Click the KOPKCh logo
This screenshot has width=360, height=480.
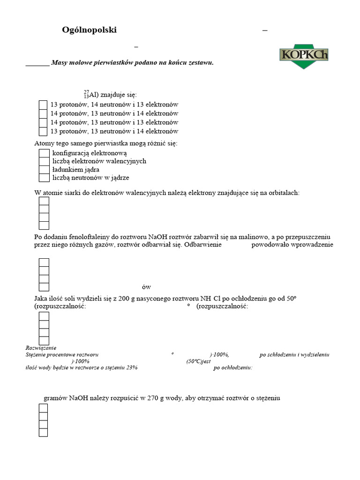point(303,55)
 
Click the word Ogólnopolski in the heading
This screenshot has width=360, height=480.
point(89,30)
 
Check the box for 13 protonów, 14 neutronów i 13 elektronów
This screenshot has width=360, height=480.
point(43,105)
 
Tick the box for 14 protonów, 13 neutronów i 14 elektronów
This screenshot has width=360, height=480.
point(43,113)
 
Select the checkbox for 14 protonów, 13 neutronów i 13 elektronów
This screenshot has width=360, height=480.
point(43,122)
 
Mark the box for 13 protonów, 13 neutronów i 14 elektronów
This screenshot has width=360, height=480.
point(43,131)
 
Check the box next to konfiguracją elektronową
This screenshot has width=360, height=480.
point(44,153)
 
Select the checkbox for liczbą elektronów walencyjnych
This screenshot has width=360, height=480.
point(44,161)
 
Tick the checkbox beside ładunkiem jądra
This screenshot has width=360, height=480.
point(44,170)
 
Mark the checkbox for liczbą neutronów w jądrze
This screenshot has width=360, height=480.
point(44,178)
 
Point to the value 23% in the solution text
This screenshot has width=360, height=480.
point(131,368)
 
